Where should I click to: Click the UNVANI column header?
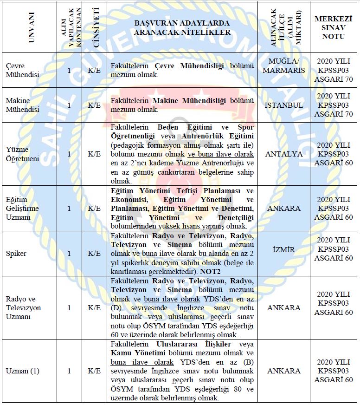[31, 27]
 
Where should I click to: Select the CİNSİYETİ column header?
[96, 27]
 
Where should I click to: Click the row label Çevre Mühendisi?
[21, 70]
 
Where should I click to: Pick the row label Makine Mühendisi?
[21, 105]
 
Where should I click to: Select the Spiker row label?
[16, 254]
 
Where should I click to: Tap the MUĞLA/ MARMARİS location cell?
[287, 66]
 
